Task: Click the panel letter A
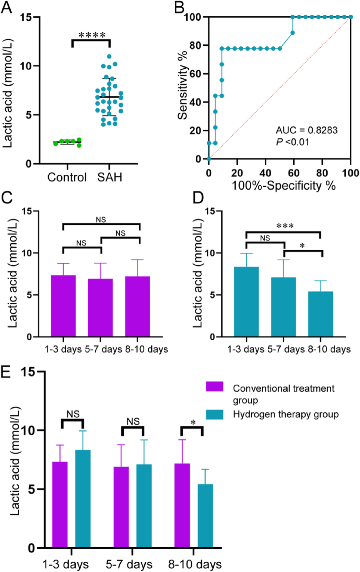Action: (x=6, y=7)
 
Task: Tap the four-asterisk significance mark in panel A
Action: (x=92, y=35)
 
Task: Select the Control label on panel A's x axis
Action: (x=67, y=177)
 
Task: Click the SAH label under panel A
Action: (x=110, y=177)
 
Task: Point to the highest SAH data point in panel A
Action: (x=109, y=57)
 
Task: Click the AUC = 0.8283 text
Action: (x=306, y=130)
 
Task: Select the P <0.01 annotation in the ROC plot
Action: (x=292, y=142)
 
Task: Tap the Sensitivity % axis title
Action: (x=183, y=86)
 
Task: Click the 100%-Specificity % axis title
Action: (x=283, y=186)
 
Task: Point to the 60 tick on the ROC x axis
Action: (x=294, y=173)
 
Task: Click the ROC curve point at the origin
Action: (x=209, y=159)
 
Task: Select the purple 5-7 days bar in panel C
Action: (x=100, y=308)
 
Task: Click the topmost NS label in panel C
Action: (x=101, y=220)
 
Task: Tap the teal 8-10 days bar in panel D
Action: (x=320, y=314)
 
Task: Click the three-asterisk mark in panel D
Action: (x=285, y=226)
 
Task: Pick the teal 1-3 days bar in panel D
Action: (x=246, y=302)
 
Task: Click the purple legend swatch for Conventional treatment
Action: (x=214, y=387)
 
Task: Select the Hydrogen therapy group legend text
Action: (x=286, y=414)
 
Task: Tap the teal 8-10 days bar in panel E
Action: (x=205, y=516)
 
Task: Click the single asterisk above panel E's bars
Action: (x=193, y=423)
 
